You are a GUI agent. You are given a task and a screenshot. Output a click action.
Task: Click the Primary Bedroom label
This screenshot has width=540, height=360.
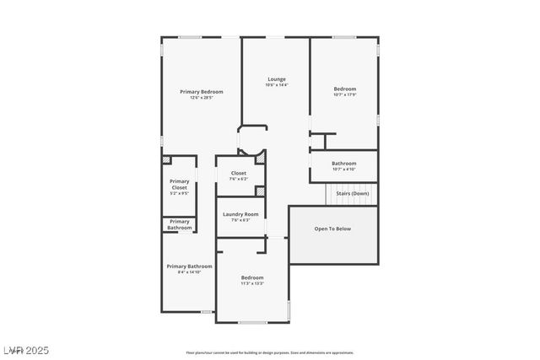(201, 91)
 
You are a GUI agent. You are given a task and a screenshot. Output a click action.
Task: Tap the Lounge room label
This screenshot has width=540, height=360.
(276, 79)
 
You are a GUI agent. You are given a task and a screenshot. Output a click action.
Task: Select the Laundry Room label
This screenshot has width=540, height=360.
(240, 214)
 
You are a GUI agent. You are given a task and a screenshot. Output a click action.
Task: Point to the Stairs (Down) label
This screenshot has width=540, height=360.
(353, 193)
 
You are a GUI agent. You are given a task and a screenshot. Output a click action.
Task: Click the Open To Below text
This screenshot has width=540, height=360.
(332, 228)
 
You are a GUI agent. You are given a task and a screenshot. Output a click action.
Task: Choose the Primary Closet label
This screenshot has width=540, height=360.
(179, 184)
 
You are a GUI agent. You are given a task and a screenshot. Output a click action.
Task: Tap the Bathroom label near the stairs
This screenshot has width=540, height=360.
(343, 164)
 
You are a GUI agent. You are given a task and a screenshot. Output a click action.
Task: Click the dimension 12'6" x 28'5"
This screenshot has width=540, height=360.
(201, 98)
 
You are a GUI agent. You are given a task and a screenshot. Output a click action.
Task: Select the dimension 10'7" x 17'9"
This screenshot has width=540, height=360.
(344, 94)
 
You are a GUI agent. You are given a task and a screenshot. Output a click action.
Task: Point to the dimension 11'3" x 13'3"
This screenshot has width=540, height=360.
(252, 283)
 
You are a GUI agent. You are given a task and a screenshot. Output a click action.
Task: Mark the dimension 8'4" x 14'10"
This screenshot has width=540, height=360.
(188, 272)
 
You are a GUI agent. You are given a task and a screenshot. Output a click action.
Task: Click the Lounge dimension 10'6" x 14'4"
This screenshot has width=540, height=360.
(276, 85)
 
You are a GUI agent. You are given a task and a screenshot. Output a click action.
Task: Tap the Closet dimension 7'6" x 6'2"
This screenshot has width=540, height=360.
(239, 179)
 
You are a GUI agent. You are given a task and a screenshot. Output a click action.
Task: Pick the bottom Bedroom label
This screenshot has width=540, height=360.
(252, 277)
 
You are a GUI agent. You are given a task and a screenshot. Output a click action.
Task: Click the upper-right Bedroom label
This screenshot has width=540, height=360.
(344, 89)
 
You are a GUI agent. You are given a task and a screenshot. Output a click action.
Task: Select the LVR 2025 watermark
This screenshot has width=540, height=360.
(25, 347)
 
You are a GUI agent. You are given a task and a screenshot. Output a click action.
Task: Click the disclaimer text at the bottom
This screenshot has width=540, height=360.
(269, 352)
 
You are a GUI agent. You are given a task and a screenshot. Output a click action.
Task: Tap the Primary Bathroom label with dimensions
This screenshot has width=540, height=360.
(188, 266)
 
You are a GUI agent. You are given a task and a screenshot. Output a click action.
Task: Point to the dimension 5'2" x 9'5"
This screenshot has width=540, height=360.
(179, 193)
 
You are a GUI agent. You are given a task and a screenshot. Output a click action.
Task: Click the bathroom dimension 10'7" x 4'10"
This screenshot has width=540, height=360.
(343, 169)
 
